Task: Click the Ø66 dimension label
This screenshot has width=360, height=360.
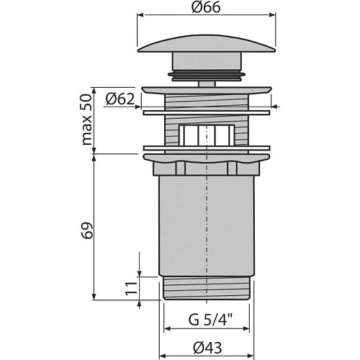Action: click(207, 7)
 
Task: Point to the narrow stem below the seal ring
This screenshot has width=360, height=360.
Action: click(207, 81)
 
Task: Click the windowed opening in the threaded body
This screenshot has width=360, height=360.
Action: click(207, 135)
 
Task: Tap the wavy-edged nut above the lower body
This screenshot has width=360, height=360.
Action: click(207, 166)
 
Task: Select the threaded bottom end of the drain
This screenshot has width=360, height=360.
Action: click(207, 287)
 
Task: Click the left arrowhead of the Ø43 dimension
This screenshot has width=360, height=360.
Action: click(161, 354)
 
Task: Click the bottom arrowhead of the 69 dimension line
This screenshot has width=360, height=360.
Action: click(94, 297)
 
